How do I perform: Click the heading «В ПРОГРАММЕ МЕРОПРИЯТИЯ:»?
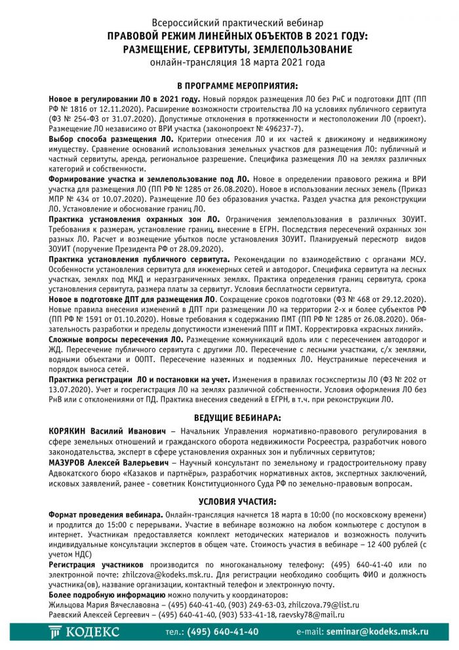click(229, 85)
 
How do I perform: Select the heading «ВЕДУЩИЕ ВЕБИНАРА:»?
click(229, 417)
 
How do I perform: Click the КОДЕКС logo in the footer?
click(85, 632)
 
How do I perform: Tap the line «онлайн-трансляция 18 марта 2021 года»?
click(229, 62)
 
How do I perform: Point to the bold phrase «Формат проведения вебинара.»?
click(106, 515)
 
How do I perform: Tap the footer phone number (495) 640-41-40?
click(223, 632)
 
